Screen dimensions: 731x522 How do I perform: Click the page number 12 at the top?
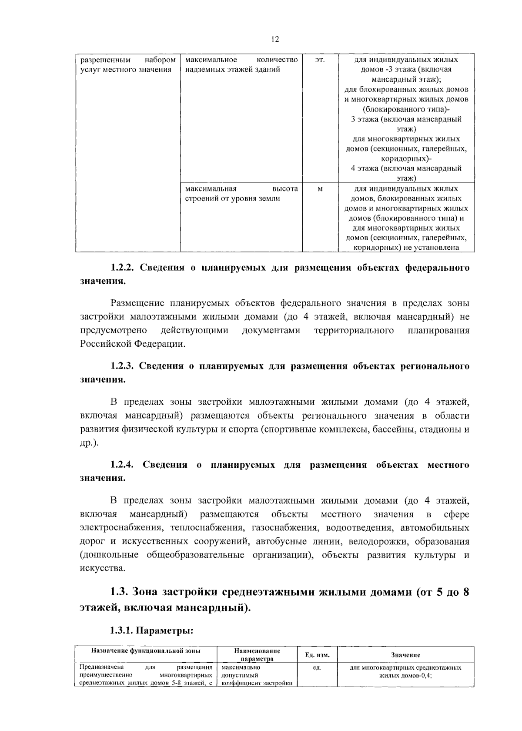[275, 39]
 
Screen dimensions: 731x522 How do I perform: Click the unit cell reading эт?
[319, 60]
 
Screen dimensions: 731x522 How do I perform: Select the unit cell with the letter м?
[320, 189]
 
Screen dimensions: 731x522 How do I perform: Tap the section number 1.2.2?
[123, 268]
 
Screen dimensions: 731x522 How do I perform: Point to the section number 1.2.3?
[123, 366]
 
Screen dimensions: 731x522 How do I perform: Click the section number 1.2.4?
[123, 465]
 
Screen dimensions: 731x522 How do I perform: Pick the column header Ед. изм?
[317, 655]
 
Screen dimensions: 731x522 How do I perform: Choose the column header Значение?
[405, 655]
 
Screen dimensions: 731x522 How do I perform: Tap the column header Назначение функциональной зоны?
[146, 651]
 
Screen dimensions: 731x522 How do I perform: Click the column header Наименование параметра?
[257, 655]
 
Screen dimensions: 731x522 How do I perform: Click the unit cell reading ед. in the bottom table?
[317, 667]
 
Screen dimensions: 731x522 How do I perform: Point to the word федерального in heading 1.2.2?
[437, 268]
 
